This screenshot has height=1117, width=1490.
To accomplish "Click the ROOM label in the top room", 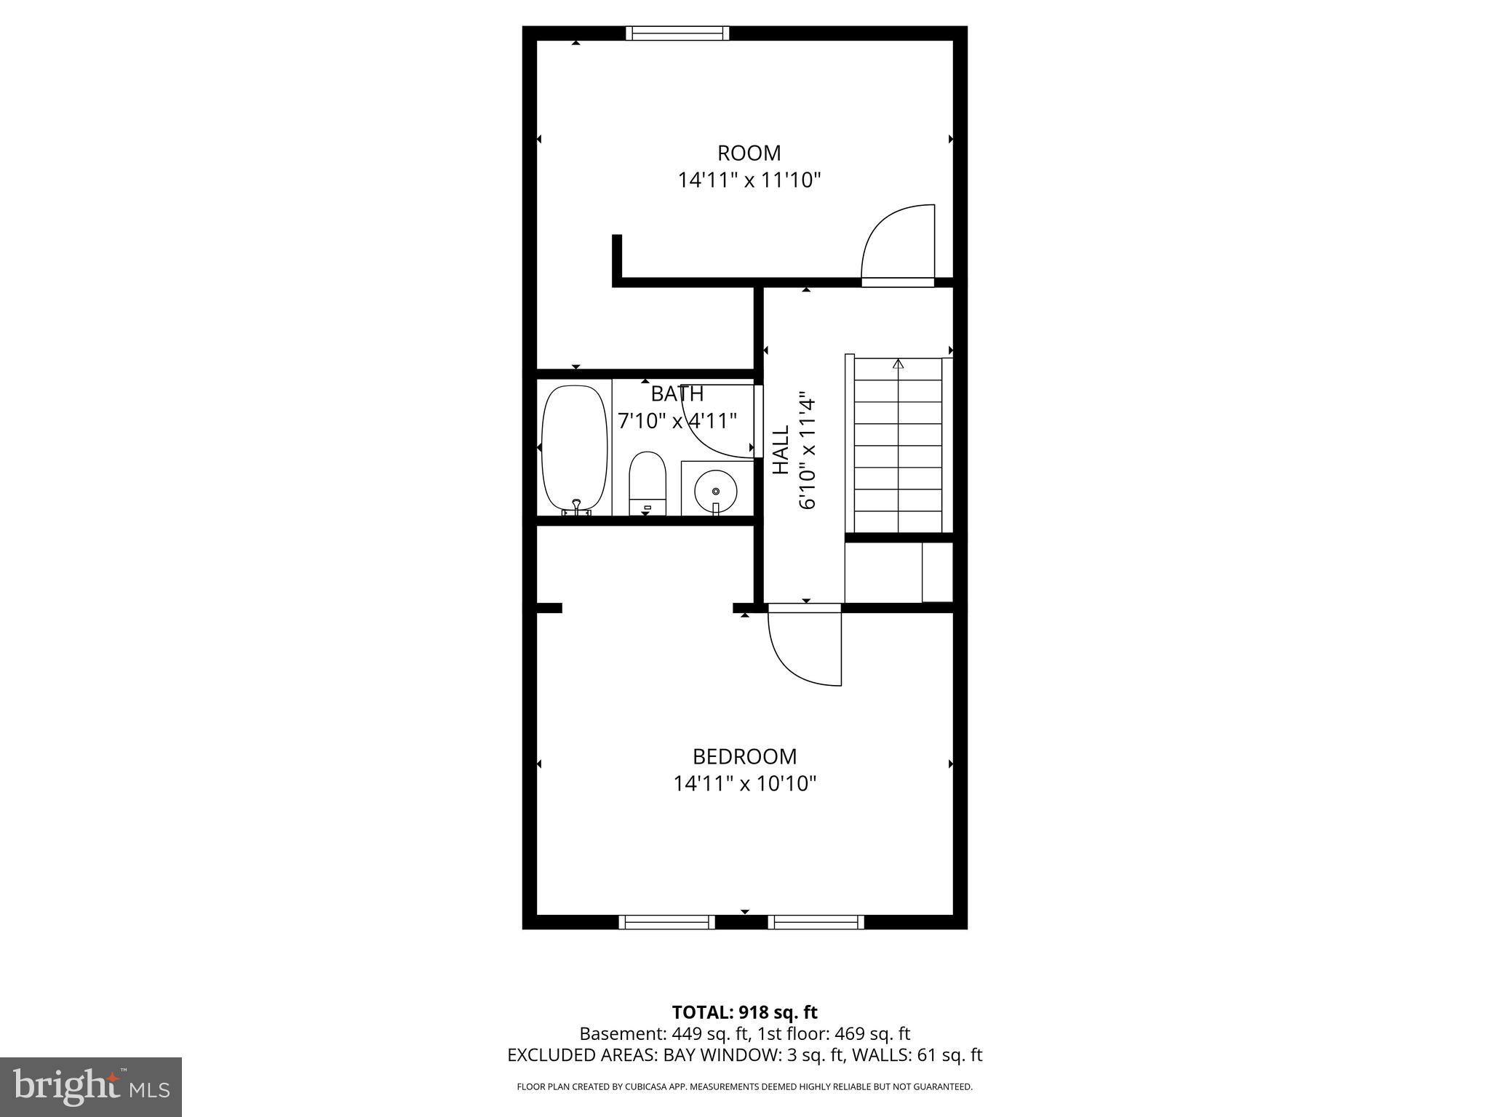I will point(749,153).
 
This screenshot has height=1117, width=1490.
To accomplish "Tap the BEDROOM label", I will point(744,757).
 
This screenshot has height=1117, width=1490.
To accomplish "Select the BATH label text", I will point(677,393).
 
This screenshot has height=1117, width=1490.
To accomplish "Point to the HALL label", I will point(781,450).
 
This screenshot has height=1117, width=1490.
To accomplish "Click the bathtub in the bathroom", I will point(575,449).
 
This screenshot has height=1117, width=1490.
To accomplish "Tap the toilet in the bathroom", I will point(648,483).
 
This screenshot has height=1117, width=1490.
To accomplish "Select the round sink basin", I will point(715,491).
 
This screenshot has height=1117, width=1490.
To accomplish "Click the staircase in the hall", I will point(898,444).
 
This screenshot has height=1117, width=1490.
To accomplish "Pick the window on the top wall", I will point(677,33).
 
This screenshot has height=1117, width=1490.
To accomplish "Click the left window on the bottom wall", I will point(666,922).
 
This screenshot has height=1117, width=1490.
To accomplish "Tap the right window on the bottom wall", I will point(816,922).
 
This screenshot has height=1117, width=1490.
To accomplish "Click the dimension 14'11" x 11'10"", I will point(749,180).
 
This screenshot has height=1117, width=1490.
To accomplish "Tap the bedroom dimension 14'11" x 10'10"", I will point(744,784).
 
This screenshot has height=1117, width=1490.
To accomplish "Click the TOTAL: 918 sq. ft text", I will point(744,1012).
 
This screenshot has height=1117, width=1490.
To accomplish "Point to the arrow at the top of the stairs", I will point(898,363).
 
